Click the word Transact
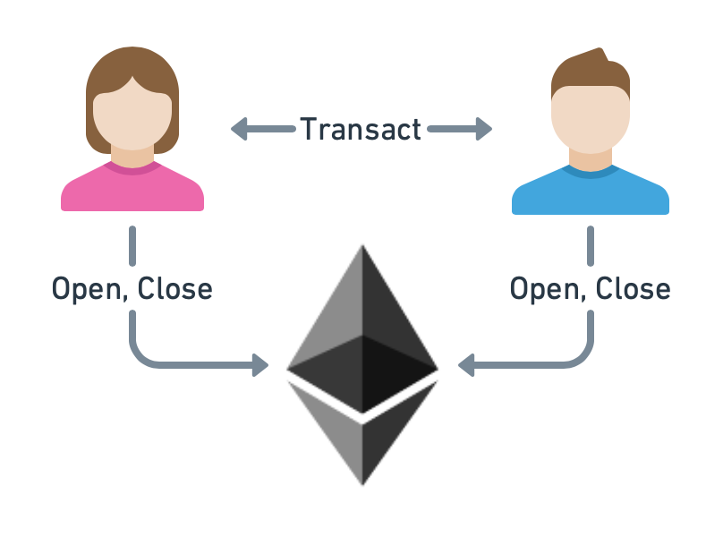point(361,129)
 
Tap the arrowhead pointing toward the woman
point(239,129)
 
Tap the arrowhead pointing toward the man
point(484,129)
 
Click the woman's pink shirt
point(132,189)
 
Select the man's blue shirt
point(591,192)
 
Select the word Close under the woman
point(174,288)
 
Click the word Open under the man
point(544,289)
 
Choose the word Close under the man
point(633,288)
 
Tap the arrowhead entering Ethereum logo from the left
point(260,365)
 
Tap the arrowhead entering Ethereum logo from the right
point(466,365)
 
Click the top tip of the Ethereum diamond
point(362,245)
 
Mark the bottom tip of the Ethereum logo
point(362,485)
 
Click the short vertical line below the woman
point(132,246)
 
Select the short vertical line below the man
point(591,246)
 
